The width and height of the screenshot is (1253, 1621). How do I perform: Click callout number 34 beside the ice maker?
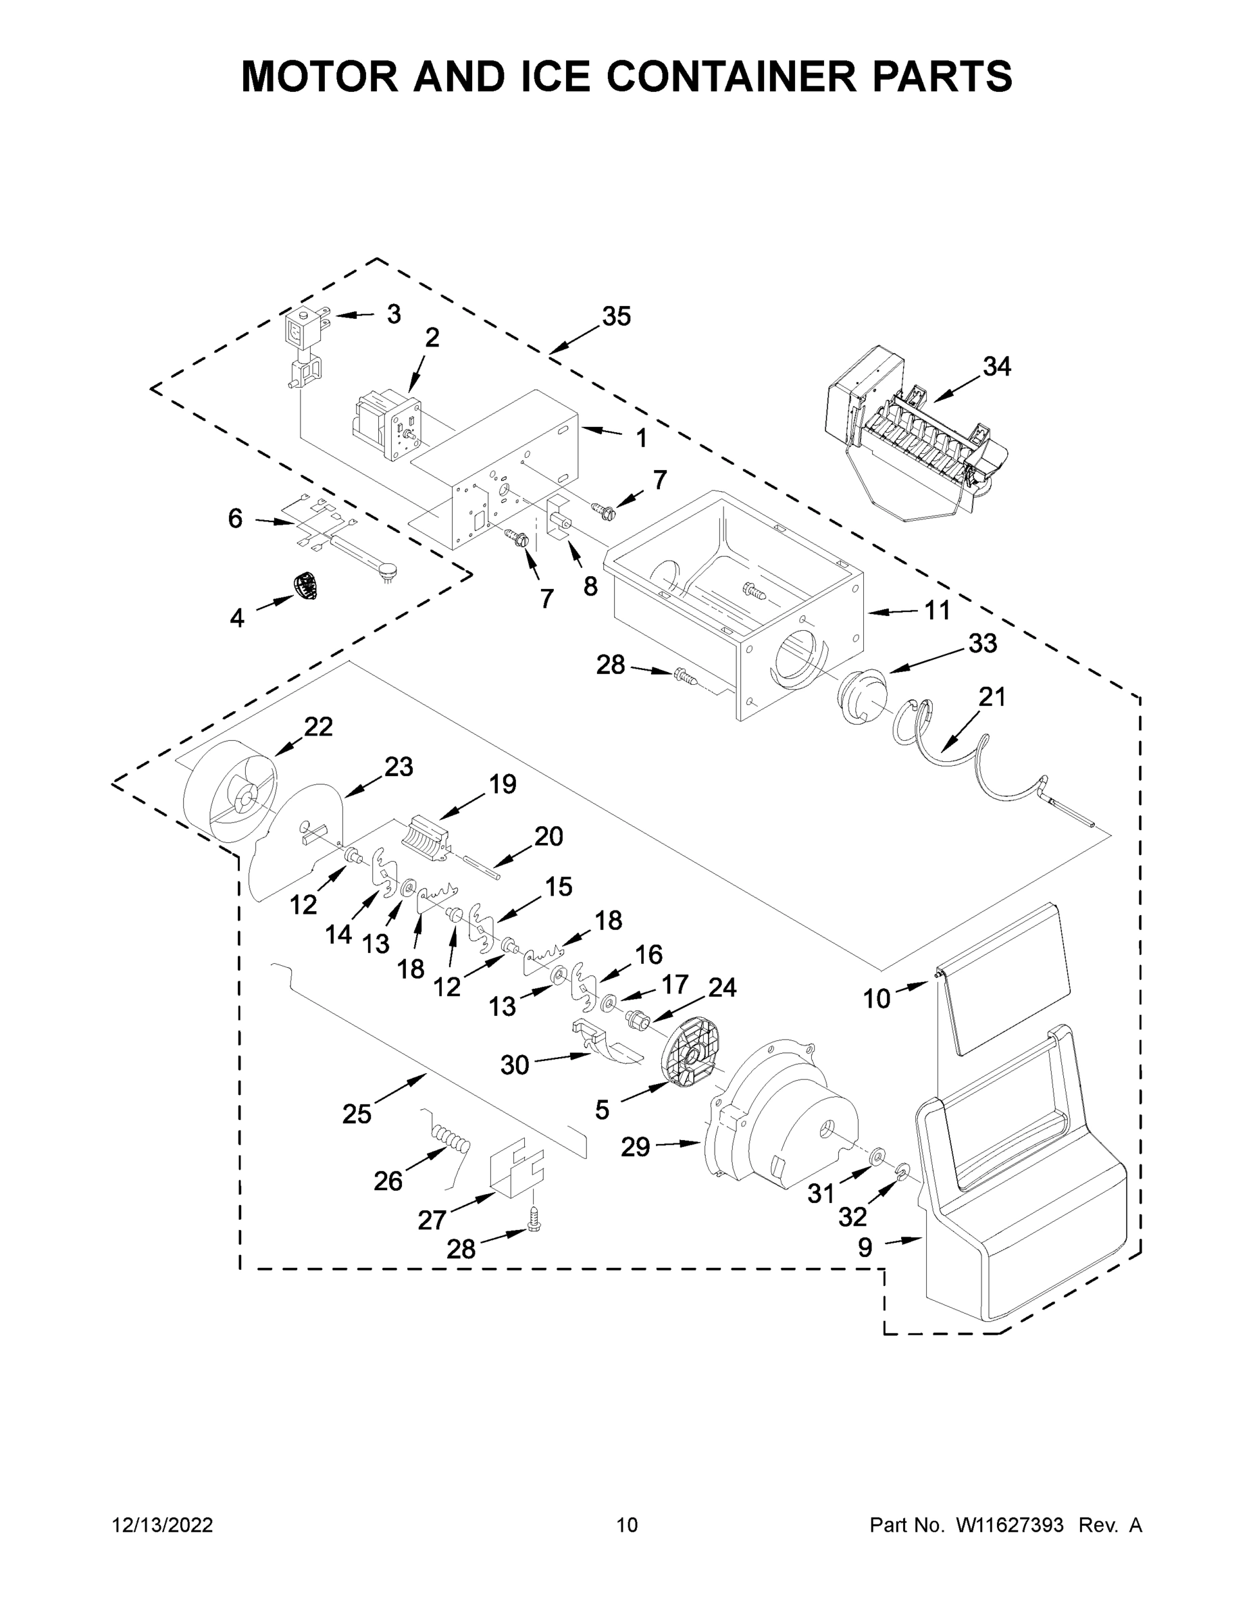pos(997,366)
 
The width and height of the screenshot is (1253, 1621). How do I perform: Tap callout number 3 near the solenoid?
pos(393,314)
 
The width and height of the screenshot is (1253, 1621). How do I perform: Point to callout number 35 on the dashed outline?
pos(616,316)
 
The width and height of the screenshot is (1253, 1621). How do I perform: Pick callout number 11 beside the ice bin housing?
pos(937,610)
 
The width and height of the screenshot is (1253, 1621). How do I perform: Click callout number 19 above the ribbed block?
pos(503,783)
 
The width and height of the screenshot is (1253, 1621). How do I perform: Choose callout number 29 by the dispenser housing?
pos(636,1147)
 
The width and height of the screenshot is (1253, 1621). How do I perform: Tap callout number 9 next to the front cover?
pos(865,1247)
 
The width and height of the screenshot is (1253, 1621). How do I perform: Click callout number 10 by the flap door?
pos(876,998)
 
